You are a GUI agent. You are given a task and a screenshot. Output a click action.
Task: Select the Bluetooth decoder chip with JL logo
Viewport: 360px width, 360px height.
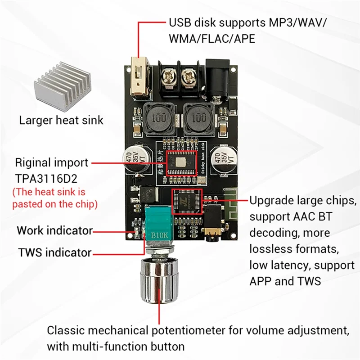click(186, 202)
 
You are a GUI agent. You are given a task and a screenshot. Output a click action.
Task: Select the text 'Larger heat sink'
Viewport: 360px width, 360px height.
click(61, 120)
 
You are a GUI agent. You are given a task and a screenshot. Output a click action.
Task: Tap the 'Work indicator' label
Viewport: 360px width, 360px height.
click(54, 231)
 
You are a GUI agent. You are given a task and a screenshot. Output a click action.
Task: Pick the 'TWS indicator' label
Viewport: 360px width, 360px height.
click(54, 252)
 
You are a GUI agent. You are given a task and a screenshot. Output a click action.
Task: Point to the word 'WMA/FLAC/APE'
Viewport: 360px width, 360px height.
click(211, 39)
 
